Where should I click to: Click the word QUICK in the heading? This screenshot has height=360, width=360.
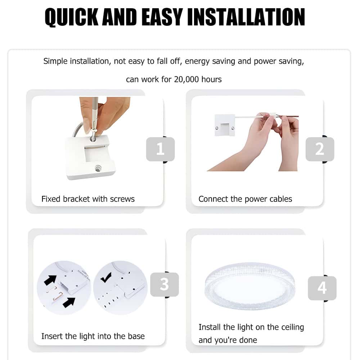click(71, 17)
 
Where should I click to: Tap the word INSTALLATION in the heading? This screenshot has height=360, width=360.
click(246, 17)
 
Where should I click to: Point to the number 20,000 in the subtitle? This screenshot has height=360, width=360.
click(186, 80)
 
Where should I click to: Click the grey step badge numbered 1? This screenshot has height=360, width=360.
click(160, 149)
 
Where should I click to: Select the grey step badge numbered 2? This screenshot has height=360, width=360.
click(320, 149)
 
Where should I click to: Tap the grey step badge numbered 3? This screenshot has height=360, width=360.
click(165, 284)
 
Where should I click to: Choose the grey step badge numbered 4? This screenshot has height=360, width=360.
click(322, 288)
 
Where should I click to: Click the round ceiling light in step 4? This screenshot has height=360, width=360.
click(249, 286)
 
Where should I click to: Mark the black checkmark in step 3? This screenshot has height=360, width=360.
click(106, 277)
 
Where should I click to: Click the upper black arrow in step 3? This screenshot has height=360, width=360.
click(50, 280)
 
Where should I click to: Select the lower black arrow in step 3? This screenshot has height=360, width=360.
click(69, 302)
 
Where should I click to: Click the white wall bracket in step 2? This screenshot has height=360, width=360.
click(225, 125)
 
